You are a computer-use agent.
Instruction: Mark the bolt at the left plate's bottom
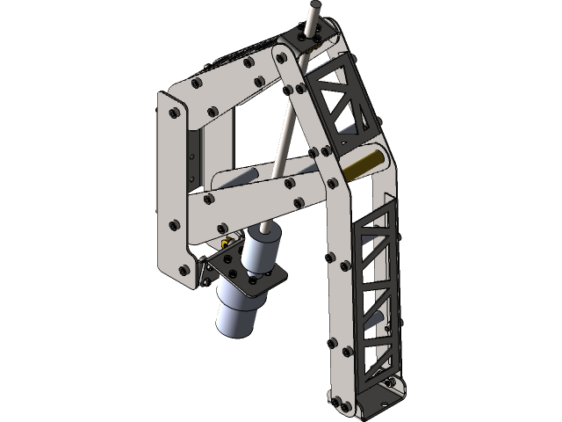coord(184,269)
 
